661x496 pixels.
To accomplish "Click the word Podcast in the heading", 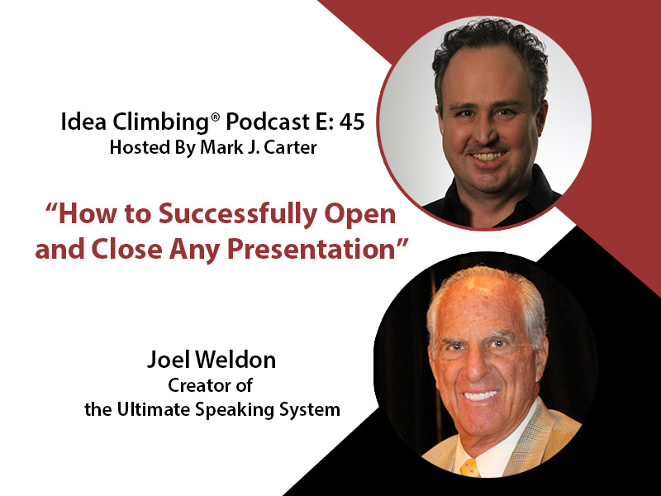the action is point(268,122).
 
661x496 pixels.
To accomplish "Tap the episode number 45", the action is point(352,122).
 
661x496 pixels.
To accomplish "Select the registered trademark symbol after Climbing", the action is point(216,117).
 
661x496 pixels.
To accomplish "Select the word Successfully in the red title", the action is point(239,215).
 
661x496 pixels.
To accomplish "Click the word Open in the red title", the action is point(361,215).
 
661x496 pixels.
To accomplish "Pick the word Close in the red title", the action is point(126,249).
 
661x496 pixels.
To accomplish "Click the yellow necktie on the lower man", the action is point(469,467).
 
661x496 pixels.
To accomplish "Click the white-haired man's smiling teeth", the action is point(480,395).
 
